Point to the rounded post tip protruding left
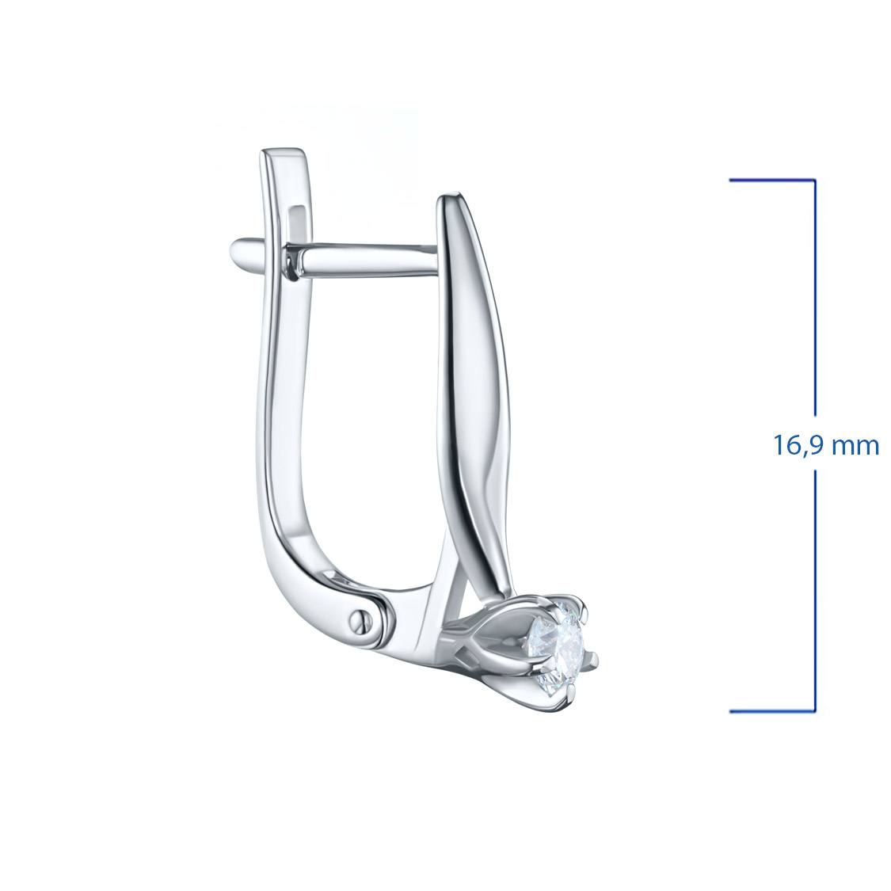[238, 250]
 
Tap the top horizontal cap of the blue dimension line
[773, 181]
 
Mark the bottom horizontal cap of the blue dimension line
[773, 711]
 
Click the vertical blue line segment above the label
[815, 299]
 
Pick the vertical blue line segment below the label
[815, 591]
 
